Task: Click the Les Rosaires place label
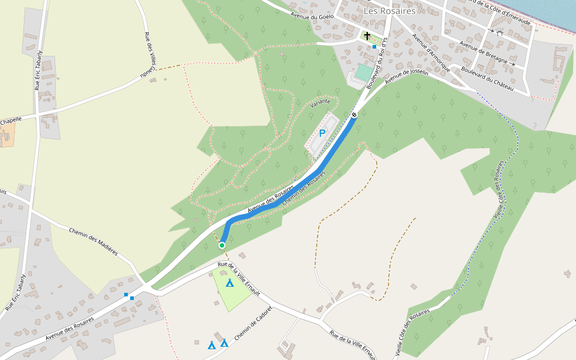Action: click(389, 11)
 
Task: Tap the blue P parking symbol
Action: click(322, 133)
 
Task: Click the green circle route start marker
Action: click(222, 245)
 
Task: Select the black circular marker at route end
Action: click(355, 115)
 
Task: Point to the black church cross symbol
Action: click(367, 36)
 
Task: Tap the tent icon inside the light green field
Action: click(229, 283)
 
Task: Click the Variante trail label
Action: click(320, 103)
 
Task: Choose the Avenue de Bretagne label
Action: click(487, 52)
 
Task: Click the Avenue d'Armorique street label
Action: click(431, 53)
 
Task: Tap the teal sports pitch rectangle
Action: click(364, 72)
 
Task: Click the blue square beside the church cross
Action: click(374, 46)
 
